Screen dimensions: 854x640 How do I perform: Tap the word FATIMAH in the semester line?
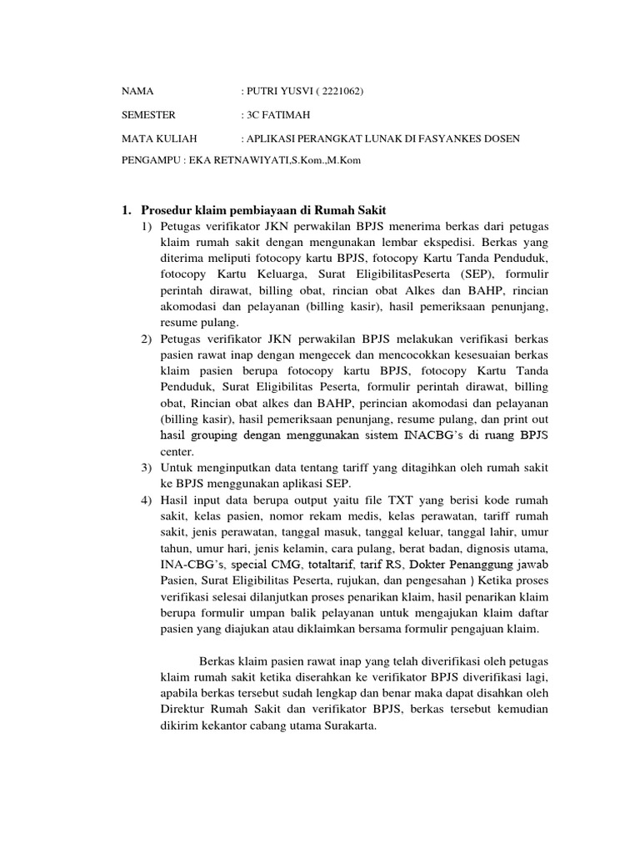[x=290, y=115]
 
